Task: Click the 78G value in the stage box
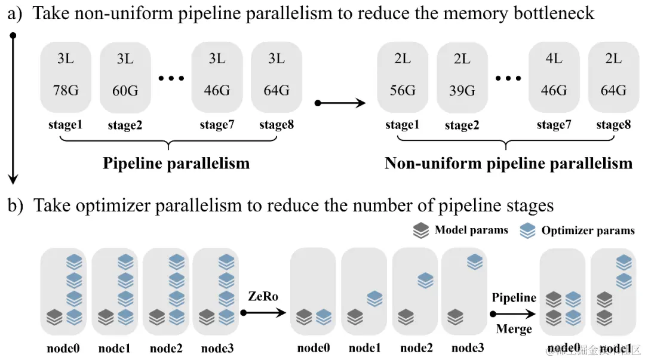pos(65,90)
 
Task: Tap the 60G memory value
pos(125,91)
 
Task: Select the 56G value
pos(403,90)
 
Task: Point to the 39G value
pos(462,91)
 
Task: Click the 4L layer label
pos(554,59)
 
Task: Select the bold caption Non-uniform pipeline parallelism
pos(508,163)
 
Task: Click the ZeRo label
pos(263,297)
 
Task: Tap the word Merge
pos(514,328)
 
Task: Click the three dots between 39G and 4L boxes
pos(509,78)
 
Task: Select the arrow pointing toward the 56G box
pos(340,103)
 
